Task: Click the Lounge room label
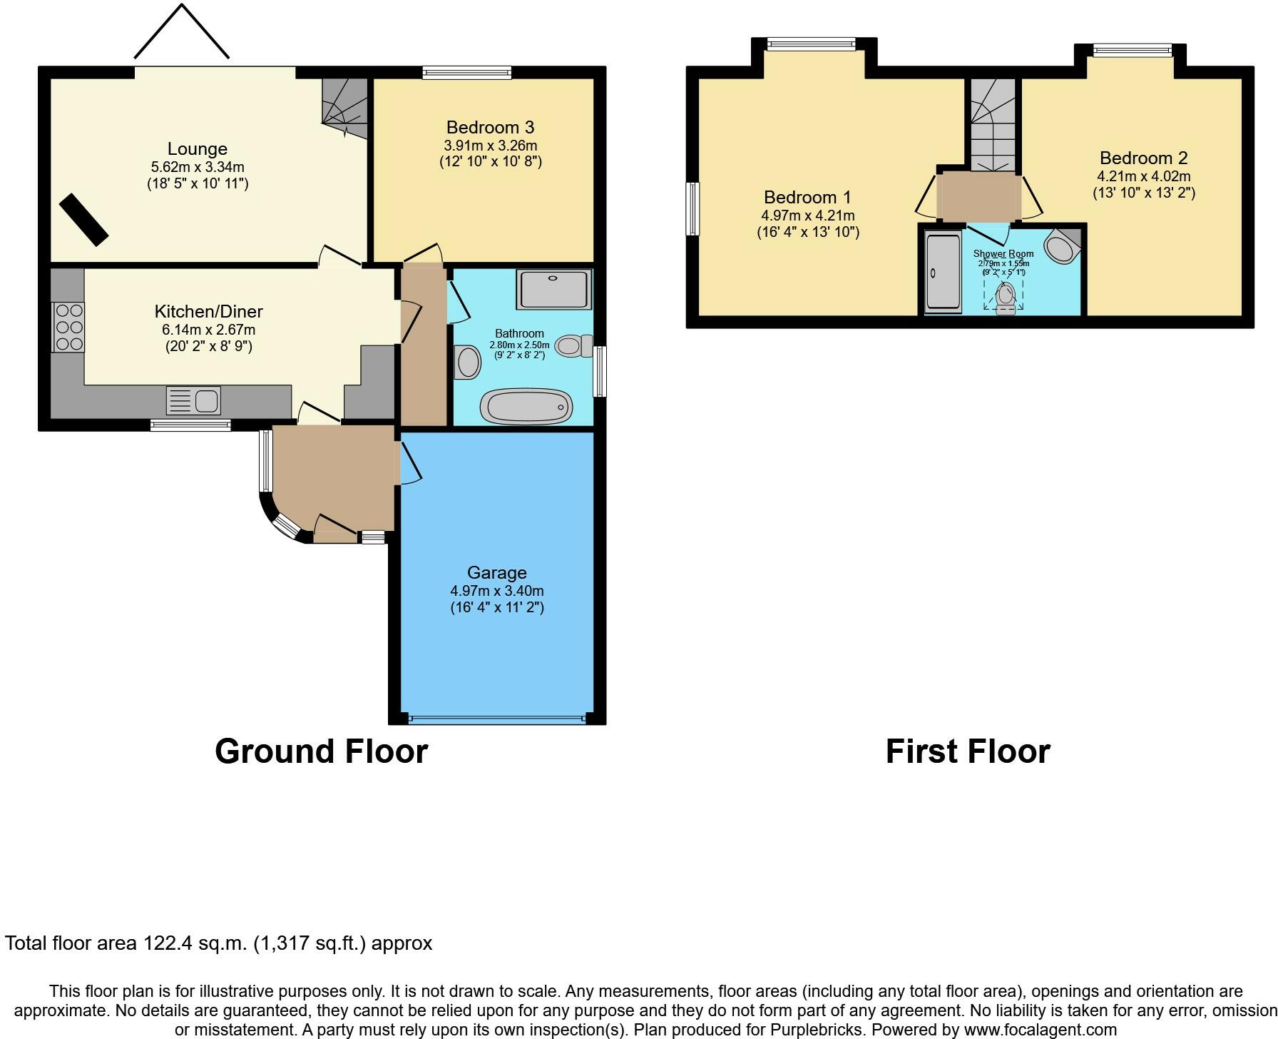point(198,149)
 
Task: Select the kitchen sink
point(193,400)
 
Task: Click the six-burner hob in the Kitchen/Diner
point(68,328)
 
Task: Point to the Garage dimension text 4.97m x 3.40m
point(497,591)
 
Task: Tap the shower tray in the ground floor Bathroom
point(554,289)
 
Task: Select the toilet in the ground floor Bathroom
point(574,346)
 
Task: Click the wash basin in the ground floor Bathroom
point(468,362)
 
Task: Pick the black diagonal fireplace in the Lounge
point(83,219)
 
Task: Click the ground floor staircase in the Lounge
point(345,108)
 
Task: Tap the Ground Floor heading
point(322,751)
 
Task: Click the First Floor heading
point(968,751)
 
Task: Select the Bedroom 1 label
point(807,197)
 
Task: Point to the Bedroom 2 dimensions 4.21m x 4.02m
point(1144,176)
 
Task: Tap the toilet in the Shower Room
point(1006,298)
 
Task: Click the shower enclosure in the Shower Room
point(943,273)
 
